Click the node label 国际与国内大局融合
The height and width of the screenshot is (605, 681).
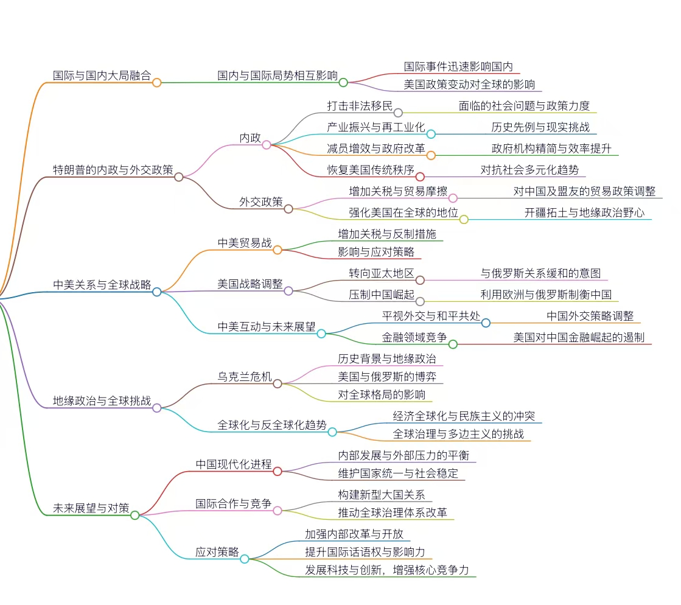pyautogui.click(x=102, y=75)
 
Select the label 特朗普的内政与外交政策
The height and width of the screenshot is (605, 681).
pyautogui.click(x=113, y=170)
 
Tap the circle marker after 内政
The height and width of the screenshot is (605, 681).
pyautogui.click(x=267, y=145)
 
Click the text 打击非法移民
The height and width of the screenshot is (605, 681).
pyautogui.click(x=360, y=106)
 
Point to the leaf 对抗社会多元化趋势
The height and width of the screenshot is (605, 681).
pyautogui.click(x=529, y=170)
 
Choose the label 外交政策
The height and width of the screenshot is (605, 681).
pyautogui.click(x=261, y=202)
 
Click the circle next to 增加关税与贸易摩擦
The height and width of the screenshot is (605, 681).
pyautogui.click(x=453, y=198)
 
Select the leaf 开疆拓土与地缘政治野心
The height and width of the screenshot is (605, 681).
pyautogui.click(x=584, y=213)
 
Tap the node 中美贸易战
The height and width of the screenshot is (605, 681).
pyautogui.click(x=245, y=243)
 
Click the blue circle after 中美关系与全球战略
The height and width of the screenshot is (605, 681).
pyautogui.click(x=157, y=292)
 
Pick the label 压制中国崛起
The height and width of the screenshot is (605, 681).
pyautogui.click(x=382, y=295)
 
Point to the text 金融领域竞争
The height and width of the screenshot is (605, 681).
pyautogui.click(x=414, y=337)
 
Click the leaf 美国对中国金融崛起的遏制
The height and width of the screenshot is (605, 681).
pyautogui.click(x=579, y=337)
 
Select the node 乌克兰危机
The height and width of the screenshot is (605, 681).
pyautogui.click(x=245, y=377)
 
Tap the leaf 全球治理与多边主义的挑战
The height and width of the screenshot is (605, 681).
pyautogui.click(x=458, y=434)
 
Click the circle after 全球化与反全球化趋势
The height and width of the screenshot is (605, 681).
pyautogui.click(x=332, y=432)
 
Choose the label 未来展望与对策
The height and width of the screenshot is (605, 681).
pyautogui.click(x=91, y=508)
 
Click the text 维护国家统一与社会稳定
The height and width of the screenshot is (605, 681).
pyautogui.click(x=398, y=474)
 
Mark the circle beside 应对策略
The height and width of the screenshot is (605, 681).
pyautogui.click(x=245, y=559)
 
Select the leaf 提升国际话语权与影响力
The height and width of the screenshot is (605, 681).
pyautogui.click(x=365, y=552)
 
